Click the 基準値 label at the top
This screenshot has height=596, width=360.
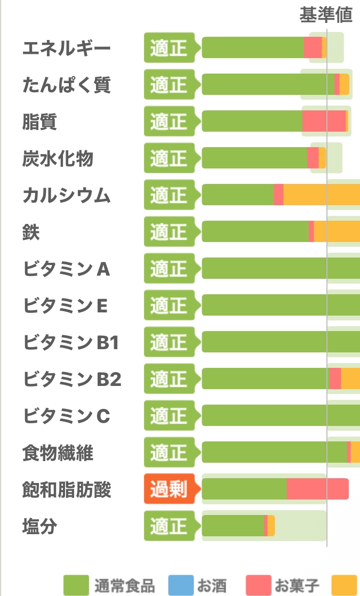(x=326, y=15)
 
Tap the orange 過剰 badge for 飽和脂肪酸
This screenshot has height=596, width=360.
(x=172, y=489)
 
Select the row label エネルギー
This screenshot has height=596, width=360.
(x=67, y=49)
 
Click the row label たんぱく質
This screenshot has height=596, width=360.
(x=67, y=85)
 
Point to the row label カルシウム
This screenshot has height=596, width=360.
(x=67, y=195)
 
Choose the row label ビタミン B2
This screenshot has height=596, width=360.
(x=72, y=380)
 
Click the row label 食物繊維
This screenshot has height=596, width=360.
(x=58, y=453)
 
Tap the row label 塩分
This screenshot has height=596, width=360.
(x=40, y=527)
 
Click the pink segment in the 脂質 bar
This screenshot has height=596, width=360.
(x=324, y=121)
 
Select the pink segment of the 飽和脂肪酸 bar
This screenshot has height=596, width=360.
(x=317, y=489)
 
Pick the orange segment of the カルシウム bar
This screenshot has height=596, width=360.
(x=322, y=195)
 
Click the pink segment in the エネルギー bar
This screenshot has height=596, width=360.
(x=313, y=47)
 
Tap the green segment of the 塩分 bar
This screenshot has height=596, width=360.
(x=233, y=526)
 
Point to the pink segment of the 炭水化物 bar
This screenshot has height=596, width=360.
(x=313, y=158)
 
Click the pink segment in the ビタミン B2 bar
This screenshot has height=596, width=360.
(x=335, y=378)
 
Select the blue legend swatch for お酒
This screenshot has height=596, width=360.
(x=181, y=585)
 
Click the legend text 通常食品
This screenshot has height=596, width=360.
(x=124, y=586)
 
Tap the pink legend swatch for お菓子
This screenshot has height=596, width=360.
(x=259, y=585)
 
